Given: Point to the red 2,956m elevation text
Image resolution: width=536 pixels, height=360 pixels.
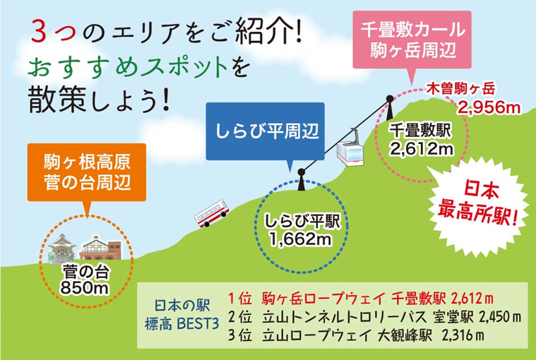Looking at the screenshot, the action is coord(488,107).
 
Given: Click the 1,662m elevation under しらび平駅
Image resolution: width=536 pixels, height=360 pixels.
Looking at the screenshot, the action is coord(301,239).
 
